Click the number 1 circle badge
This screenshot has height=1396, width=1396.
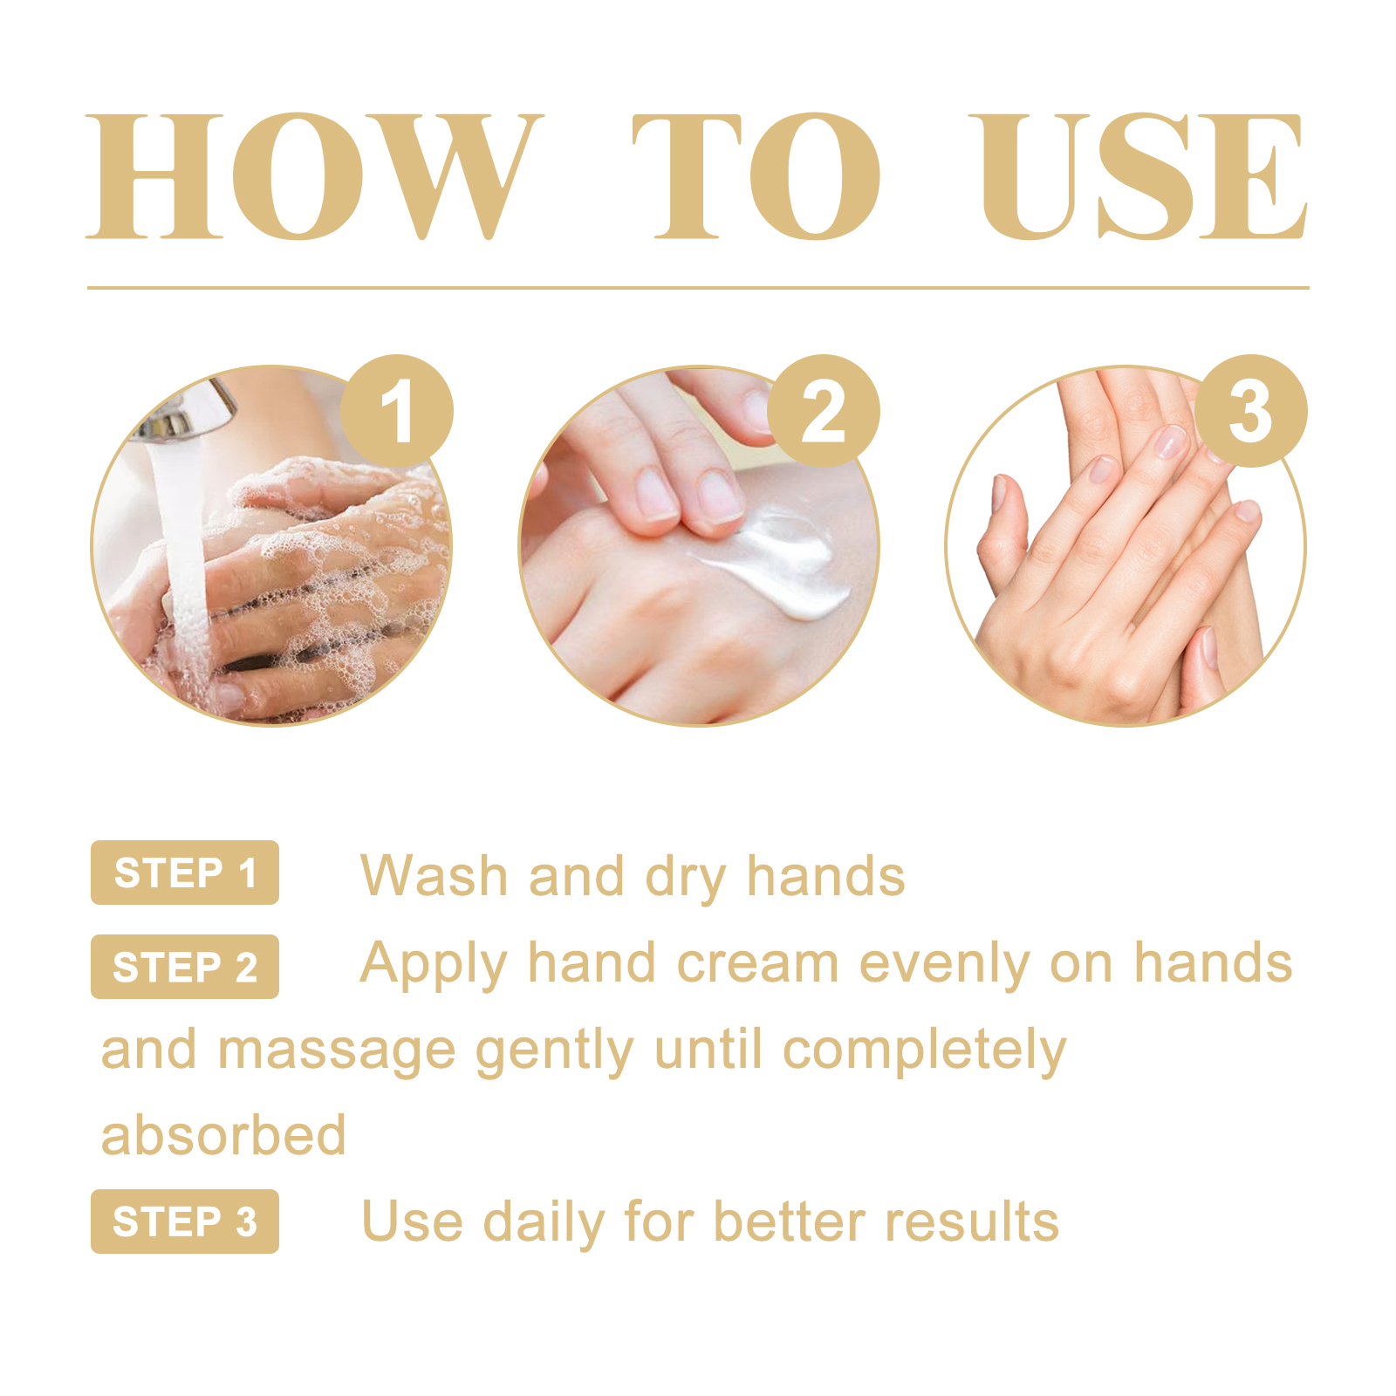click(397, 411)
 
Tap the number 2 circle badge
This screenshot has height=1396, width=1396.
click(823, 411)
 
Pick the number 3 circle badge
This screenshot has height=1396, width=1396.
click(1250, 411)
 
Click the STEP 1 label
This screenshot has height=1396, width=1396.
click(185, 872)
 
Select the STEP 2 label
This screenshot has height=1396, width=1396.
click(185, 967)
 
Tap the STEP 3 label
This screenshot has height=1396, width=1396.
click(185, 1221)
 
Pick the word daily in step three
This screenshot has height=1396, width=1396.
click(544, 1223)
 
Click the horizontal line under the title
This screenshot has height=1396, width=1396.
click(698, 287)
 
